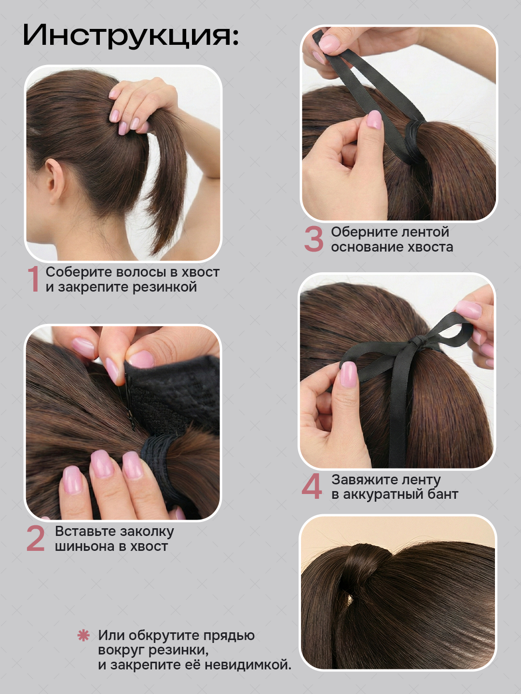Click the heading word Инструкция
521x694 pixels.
131,36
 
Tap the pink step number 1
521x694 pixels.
34,279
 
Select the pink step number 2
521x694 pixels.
35,538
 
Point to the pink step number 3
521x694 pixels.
314,239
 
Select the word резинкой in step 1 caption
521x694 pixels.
165,287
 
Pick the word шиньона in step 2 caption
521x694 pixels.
85,547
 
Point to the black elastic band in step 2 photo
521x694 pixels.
158,458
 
